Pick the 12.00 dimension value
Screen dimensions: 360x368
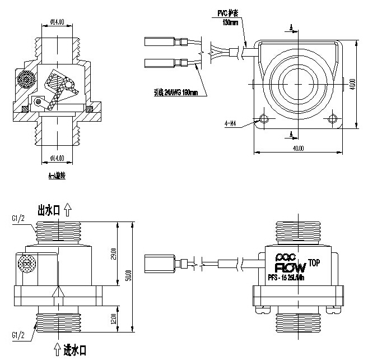coord(113,320)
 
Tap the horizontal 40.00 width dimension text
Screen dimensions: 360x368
coord(297,148)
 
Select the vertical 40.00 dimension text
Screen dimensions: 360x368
coord(352,84)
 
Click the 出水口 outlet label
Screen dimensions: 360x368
coord(49,210)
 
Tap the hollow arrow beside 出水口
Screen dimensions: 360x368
coord(68,210)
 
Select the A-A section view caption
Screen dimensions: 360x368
coord(57,176)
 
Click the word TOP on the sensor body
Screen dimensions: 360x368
coord(315,262)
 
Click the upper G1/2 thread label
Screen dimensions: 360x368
coord(18,217)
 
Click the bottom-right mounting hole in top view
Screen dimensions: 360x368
coord(333,118)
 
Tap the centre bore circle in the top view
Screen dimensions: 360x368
coord(297,84)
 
